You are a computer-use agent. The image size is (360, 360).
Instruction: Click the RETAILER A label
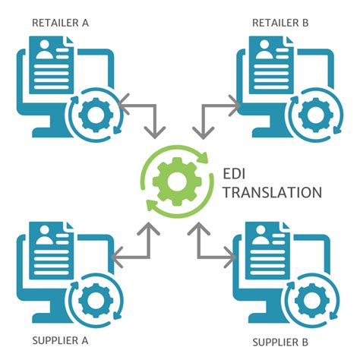click(60, 22)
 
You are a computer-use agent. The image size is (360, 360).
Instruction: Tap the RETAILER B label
click(280, 22)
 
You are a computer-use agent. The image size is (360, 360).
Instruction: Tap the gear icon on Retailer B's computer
click(310, 112)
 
